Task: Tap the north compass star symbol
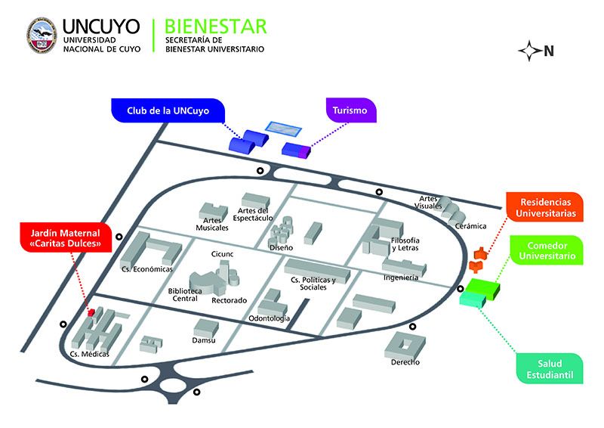pyautogui.click(x=531, y=51)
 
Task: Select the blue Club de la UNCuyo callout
pyautogui.click(x=168, y=110)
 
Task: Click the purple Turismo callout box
pyautogui.click(x=350, y=110)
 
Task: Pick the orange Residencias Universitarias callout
pyautogui.click(x=545, y=208)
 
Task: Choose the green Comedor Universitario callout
pyautogui.click(x=545, y=250)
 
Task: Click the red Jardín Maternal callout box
pyautogui.click(x=65, y=237)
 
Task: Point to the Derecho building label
pyautogui.click(x=405, y=361)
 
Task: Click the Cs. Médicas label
pyautogui.click(x=89, y=354)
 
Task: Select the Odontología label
pyautogui.click(x=270, y=318)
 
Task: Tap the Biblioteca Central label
pyautogui.click(x=185, y=294)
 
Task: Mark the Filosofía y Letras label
pyautogui.click(x=405, y=243)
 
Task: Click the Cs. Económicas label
pyautogui.click(x=147, y=268)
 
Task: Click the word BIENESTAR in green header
pyautogui.click(x=214, y=27)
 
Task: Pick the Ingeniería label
pyautogui.click(x=400, y=278)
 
